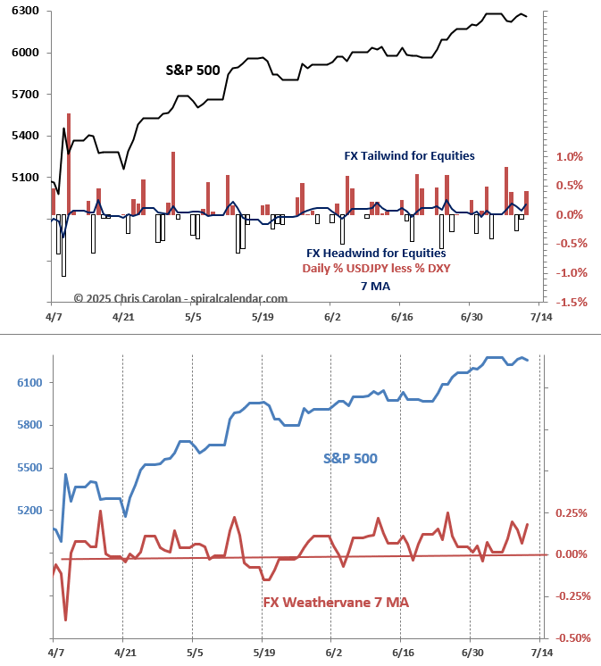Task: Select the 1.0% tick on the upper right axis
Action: point(569,157)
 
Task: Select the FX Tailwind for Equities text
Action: point(409,155)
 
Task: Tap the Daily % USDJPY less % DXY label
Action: point(375,268)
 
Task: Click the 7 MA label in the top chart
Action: point(375,286)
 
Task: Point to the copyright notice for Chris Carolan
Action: point(180,298)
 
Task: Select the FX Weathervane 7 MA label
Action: point(335,602)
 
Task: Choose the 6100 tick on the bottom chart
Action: point(28,383)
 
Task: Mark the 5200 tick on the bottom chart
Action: point(28,511)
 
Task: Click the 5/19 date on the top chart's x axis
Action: point(262,317)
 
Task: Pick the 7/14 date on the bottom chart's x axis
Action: point(540,654)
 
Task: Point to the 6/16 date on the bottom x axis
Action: point(402,654)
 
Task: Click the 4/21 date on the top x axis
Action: point(122,317)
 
